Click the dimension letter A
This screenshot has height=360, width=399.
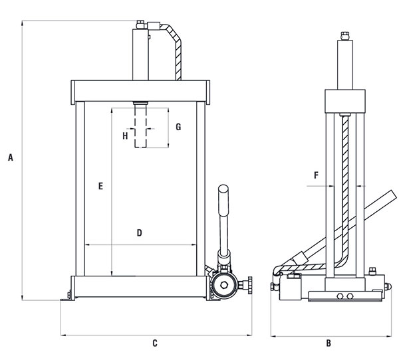click(x=11, y=157)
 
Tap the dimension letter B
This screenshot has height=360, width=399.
click(x=329, y=343)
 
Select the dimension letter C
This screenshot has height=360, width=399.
click(x=155, y=343)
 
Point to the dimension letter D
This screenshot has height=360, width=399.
click(x=140, y=232)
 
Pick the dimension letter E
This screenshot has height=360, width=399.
click(x=101, y=186)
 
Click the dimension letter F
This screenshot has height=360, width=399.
click(x=317, y=175)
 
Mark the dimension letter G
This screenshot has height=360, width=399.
click(x=178, y=127)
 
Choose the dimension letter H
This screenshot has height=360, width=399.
click(x=125, y=136)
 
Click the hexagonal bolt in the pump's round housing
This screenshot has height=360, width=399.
click(x=224, y=285)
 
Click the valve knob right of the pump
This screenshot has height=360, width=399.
click(x=249, y=285)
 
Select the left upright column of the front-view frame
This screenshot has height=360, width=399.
click(x=80, y=189)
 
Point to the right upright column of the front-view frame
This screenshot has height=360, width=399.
click(x=201, y=189)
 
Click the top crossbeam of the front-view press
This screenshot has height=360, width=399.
click(x=140, y=91)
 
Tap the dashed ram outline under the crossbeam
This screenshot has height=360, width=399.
click(x=140, y=126)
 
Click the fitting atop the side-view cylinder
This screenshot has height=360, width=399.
click(x=345, y=36)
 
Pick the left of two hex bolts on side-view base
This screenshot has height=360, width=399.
click(x=340, y=296)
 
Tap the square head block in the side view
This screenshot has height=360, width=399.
click(x=345, y=101)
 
